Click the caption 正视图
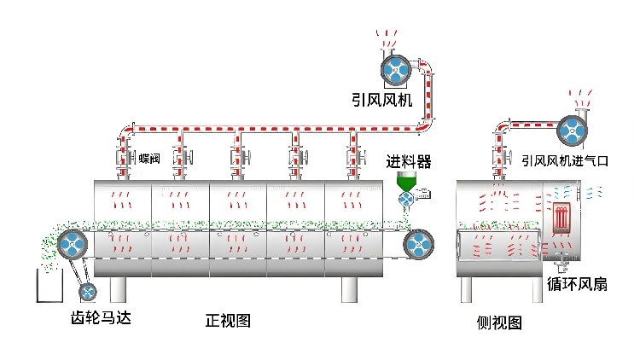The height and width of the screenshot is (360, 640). [228, 322]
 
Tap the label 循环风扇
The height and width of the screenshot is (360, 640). [578, 284]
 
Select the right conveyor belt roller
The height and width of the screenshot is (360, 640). [419, 244]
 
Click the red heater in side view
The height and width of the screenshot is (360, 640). [561, 218]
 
